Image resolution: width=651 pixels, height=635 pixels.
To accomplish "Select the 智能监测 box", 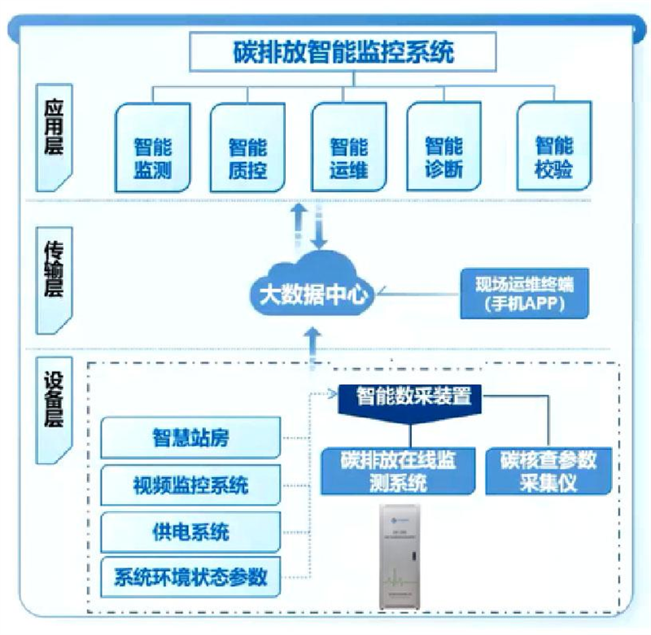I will (x=153, y=147).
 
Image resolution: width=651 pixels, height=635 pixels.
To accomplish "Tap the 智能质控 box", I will (x=247, y=147).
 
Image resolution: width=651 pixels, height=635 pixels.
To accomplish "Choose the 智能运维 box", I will (x=349, y=147).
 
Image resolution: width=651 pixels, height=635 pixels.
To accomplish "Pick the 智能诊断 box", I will (x=444, y=147).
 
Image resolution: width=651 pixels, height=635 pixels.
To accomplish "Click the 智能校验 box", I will (x=554, y=147).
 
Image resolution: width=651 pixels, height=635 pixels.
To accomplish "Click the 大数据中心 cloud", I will (x=313, y=289).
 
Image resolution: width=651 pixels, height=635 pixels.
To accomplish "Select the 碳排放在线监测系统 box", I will (x=398, y=470).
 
